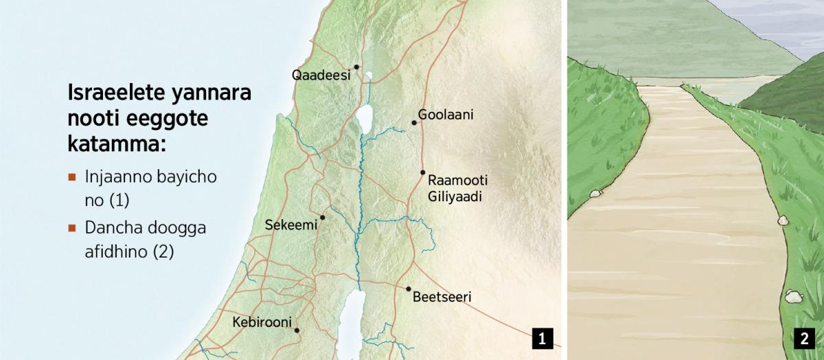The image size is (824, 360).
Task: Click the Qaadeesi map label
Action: point(321,76)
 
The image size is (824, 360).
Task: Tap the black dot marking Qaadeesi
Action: point(356,67)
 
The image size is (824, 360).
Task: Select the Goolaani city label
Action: point(446,115)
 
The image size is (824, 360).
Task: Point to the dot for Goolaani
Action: point(414,123)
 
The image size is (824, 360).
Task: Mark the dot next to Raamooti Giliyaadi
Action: point(423,172)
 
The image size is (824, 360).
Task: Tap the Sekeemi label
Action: point(291,225)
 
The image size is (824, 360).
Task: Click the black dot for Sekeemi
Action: point(322,217)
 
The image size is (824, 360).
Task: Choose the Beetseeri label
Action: point(442,298)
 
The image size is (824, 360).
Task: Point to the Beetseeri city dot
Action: point(409,289)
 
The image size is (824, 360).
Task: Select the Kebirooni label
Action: point(262,322)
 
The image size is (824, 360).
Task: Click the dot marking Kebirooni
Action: point(297,330)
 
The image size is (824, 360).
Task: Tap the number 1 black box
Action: point(542,338)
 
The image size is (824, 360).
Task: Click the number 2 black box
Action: point(803,338)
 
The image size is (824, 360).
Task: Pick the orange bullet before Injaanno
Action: point(71,177)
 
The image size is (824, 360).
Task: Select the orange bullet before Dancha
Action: point(71,227)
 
